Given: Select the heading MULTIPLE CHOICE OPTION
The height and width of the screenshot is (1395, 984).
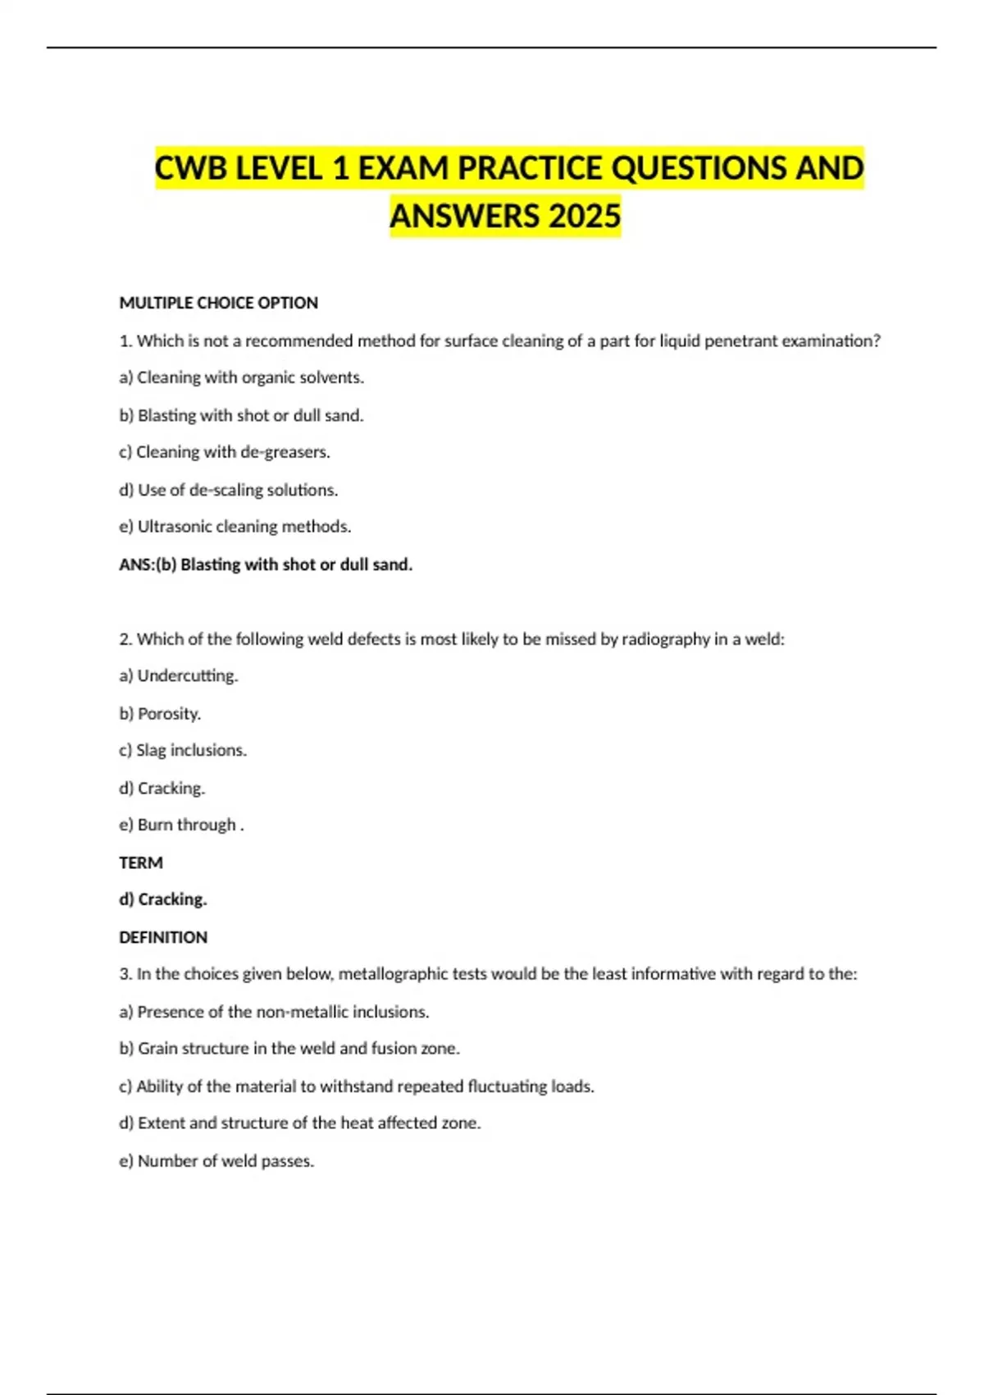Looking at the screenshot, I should (218, 303).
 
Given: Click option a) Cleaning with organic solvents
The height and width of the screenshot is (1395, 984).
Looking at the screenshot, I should (241, 377).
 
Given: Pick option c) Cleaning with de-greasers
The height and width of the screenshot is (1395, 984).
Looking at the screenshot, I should (225, 452).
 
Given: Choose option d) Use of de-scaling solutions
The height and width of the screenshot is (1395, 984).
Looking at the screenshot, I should (228, 490).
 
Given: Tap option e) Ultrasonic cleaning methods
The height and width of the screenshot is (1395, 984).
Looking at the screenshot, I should (235, 527).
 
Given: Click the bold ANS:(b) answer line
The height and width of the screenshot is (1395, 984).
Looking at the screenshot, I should (266, 565).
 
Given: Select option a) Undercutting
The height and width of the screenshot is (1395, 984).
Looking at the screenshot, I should (179, 676).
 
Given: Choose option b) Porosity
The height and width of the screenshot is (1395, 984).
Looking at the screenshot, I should (160, 714).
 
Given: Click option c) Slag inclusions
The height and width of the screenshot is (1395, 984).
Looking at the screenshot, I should (183, 751).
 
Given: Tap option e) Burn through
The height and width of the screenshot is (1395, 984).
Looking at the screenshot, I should (181, 826).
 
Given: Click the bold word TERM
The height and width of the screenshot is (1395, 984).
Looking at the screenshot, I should (141, 862).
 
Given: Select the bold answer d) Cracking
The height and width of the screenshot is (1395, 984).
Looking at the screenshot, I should (163, 899).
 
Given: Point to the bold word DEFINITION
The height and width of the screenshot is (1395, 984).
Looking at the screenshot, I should (163, 937).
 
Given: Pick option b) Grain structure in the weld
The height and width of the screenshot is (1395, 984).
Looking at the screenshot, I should (289, 1049).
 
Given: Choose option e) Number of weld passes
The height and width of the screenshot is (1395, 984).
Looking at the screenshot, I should (216, 1161).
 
